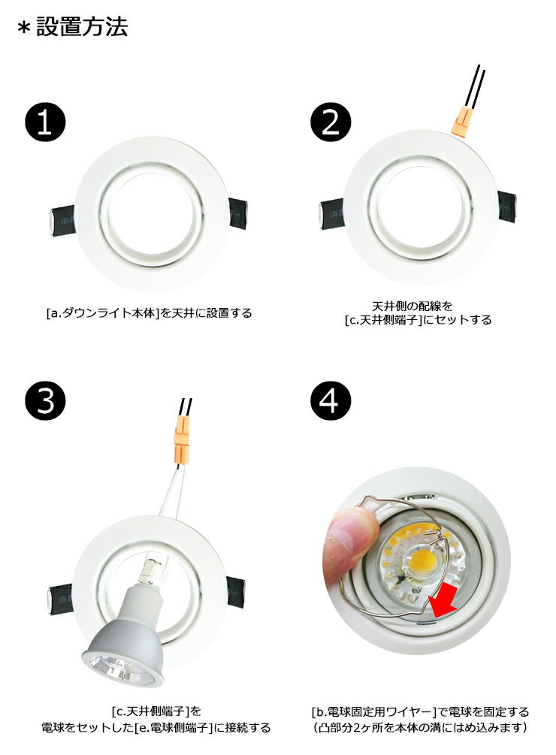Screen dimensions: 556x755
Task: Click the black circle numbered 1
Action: point(45,121)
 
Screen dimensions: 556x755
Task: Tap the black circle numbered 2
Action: point(331,121)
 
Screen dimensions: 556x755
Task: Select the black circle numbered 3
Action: point(45,400)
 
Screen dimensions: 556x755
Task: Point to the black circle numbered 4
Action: point(331,400)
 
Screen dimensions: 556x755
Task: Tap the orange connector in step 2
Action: point(461,122)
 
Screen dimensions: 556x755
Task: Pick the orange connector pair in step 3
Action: point(182,443)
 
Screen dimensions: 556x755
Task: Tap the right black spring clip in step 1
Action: point(238,213)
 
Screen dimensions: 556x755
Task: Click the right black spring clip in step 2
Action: point(507,206)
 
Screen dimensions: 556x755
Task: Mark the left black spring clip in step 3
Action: point(60,600)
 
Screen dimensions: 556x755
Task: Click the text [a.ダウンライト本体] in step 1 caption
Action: point(103,313)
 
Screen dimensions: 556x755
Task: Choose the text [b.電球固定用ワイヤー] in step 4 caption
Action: point(373,711)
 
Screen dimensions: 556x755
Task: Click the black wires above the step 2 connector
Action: point(475,86)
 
